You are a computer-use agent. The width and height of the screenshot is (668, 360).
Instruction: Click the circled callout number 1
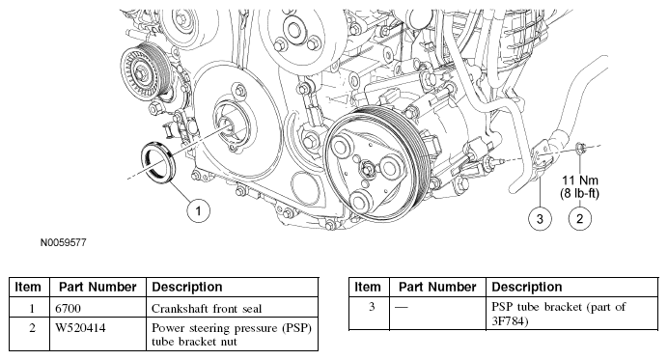click(198, 210)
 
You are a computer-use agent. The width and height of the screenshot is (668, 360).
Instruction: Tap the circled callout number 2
click(579, 218)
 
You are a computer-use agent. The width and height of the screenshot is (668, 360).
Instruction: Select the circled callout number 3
click(540, 218)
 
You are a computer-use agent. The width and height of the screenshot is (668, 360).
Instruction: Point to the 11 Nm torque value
click(580, 180)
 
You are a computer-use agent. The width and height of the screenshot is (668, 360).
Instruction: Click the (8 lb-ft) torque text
click(579, 193)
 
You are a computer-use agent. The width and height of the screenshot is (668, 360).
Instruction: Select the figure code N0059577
click(64, 242)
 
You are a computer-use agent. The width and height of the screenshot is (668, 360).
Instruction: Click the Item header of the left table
click(28, 288)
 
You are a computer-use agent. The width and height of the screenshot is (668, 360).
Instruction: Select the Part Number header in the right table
click(437, 288)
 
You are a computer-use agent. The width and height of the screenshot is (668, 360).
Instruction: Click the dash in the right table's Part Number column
click(402, 307)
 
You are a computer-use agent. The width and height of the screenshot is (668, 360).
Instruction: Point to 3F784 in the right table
click(510, 320)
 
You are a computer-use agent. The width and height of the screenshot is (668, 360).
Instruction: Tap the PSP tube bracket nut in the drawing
click(580, 148)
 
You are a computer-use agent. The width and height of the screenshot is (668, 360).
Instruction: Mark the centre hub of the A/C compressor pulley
click(367, 168)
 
